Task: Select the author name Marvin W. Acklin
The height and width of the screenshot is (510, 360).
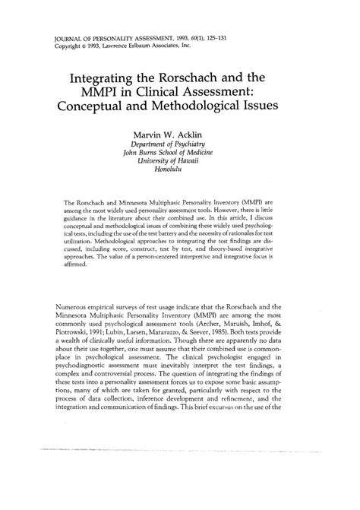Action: point(179,138)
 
